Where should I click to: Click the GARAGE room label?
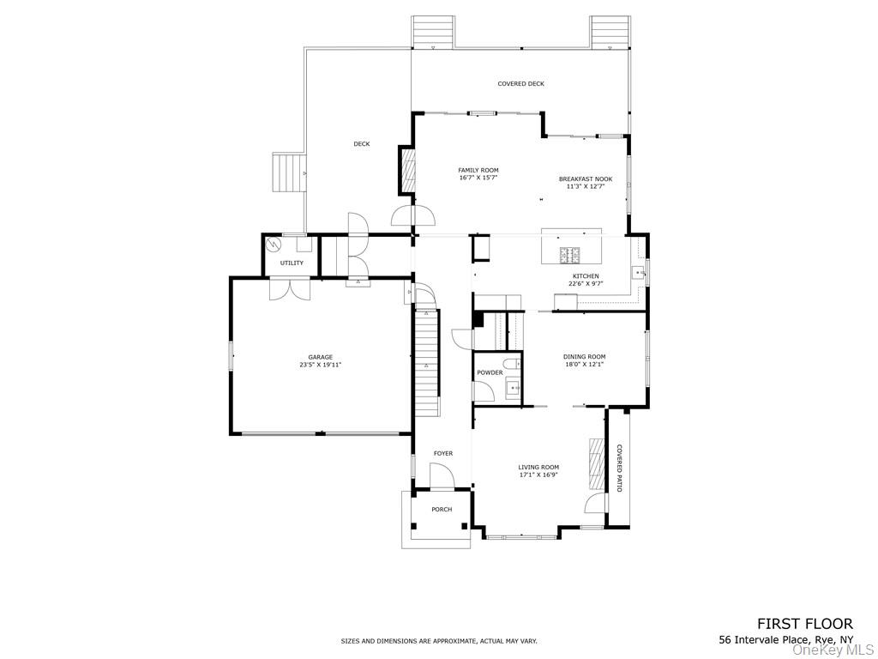[321, 357]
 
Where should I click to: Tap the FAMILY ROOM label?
[478, 170]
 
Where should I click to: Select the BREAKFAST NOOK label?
[586, 179]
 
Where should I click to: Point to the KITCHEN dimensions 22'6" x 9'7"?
[586, 283]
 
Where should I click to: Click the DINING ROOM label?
[584, 357]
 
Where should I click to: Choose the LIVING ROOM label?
[538, 467]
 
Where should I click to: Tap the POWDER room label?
[490, 372]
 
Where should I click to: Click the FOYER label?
[442, 453]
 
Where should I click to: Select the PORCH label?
[442, 510]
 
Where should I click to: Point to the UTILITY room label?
[292, 263]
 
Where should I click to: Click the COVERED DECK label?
[520, 84]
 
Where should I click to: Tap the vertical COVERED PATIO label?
[619, 468]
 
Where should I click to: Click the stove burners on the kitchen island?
[571, 254]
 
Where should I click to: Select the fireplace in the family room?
[406, 170]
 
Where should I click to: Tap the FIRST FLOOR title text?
[804, 624]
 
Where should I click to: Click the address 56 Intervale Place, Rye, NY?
[785, 640]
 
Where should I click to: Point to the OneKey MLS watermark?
[833, 651]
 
